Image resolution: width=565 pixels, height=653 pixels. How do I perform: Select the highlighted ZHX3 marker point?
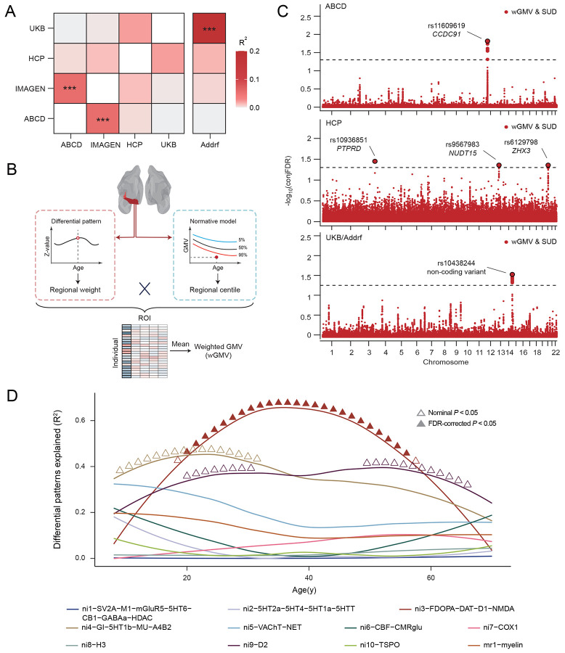pos(548,165)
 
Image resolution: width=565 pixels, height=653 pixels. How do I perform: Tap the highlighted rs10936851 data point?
pos(375,161)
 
